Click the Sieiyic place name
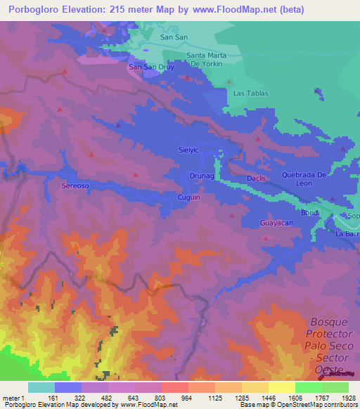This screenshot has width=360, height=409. point(190,150)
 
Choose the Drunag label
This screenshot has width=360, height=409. point(202,176)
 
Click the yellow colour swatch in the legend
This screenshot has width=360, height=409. point(281,387)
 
